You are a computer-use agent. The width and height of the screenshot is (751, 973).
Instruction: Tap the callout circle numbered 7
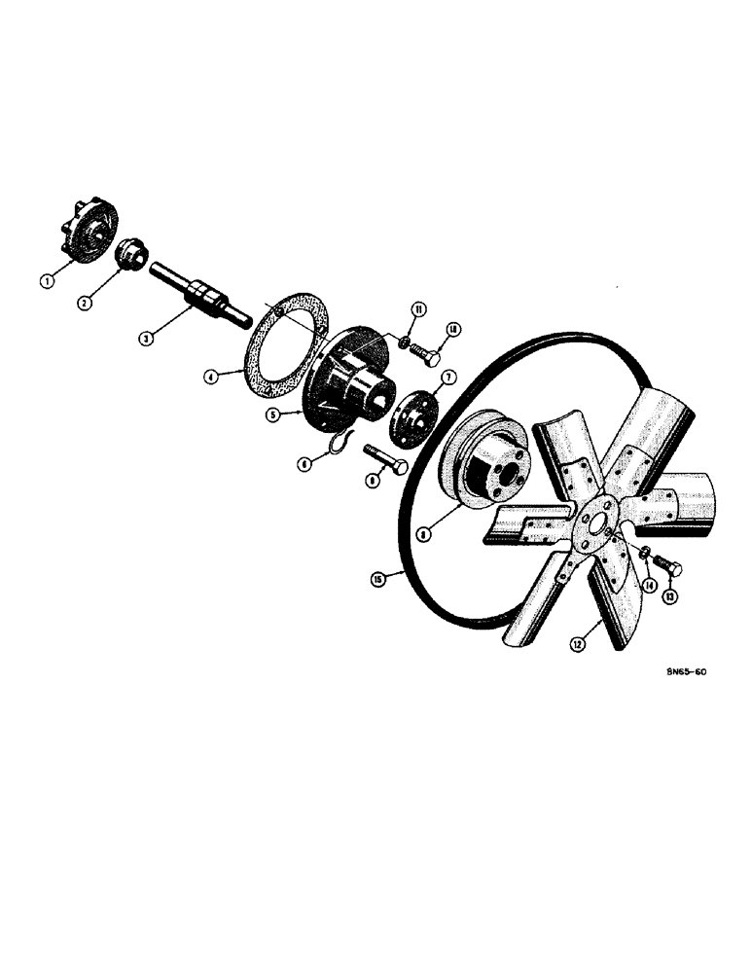pos(447,377)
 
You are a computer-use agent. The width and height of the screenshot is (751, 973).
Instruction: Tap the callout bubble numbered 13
pos(669,595)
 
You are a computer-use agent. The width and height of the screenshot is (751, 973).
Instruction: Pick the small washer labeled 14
pos(643,554)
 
